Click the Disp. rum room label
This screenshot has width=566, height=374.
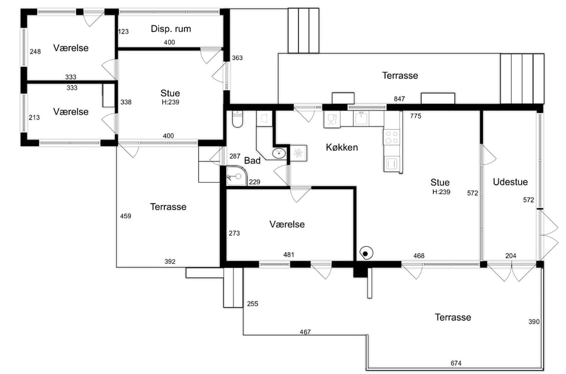tap(171, 29)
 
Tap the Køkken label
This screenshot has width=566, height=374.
tap(342, 147)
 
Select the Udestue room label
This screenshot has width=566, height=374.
tap(510, 182)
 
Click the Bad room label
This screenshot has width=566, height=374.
tap(252, 160)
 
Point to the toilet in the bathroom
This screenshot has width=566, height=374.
tap(237, 120)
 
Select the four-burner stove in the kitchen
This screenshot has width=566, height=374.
tap(391, 137)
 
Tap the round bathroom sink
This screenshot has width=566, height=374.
tap(279, 154)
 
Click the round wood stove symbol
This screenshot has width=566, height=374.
tap(366, 253)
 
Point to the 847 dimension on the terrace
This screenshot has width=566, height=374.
tap(399, 99)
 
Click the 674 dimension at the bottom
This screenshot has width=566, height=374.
tap(456, 363)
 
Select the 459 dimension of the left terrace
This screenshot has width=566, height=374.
tap(126, 216)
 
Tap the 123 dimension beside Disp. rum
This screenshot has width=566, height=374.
tap(123, 31)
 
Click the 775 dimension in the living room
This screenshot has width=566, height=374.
tap(416, 116)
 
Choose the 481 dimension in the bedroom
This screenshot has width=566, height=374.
tap(289, 254)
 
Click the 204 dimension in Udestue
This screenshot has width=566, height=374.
tap(511, 256)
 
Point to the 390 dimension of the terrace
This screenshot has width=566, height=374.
tap(534, 322)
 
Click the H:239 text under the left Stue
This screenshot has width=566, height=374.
tap(170, 102)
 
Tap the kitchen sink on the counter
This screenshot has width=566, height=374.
tap(361, 118)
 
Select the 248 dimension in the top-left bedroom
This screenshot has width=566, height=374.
tap(35, 52)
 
